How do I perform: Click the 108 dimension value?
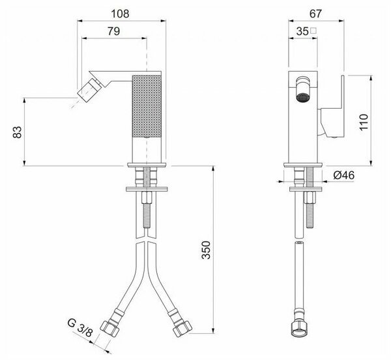[x=120, y=14]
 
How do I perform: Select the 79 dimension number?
[x=113, y=31]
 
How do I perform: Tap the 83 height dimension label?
[x=18, y=132]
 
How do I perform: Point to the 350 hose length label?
[x=206, y=250]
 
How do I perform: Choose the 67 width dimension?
[x=315, y=14]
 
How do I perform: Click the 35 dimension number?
[x=302, y=31]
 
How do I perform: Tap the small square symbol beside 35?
[x=313, y=31]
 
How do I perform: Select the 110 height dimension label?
[x=364, y=122]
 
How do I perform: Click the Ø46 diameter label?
[x=343, y=175]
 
